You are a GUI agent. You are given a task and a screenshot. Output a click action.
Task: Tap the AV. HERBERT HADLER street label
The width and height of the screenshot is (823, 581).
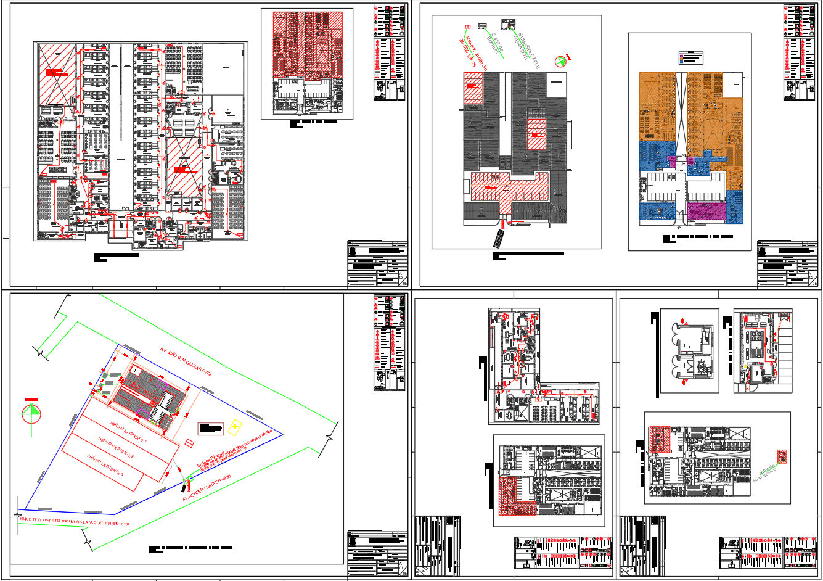coord(206,488)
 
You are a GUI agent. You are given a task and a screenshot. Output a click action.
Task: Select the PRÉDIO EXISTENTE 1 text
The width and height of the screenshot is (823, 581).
coord(129,432)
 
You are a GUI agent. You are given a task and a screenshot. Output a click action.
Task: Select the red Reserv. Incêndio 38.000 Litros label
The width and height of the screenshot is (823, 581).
coord(472,52)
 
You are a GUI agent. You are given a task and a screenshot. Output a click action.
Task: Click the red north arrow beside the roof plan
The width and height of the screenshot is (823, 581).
coord(561,60)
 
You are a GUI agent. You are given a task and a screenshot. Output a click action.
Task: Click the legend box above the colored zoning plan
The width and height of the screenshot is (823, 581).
coord(690,57)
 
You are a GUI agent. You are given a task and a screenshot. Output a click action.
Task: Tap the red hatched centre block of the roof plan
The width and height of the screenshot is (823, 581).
coord(536,134)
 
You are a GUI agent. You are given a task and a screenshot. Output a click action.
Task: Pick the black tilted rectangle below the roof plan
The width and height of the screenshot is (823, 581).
coord(499,237)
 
